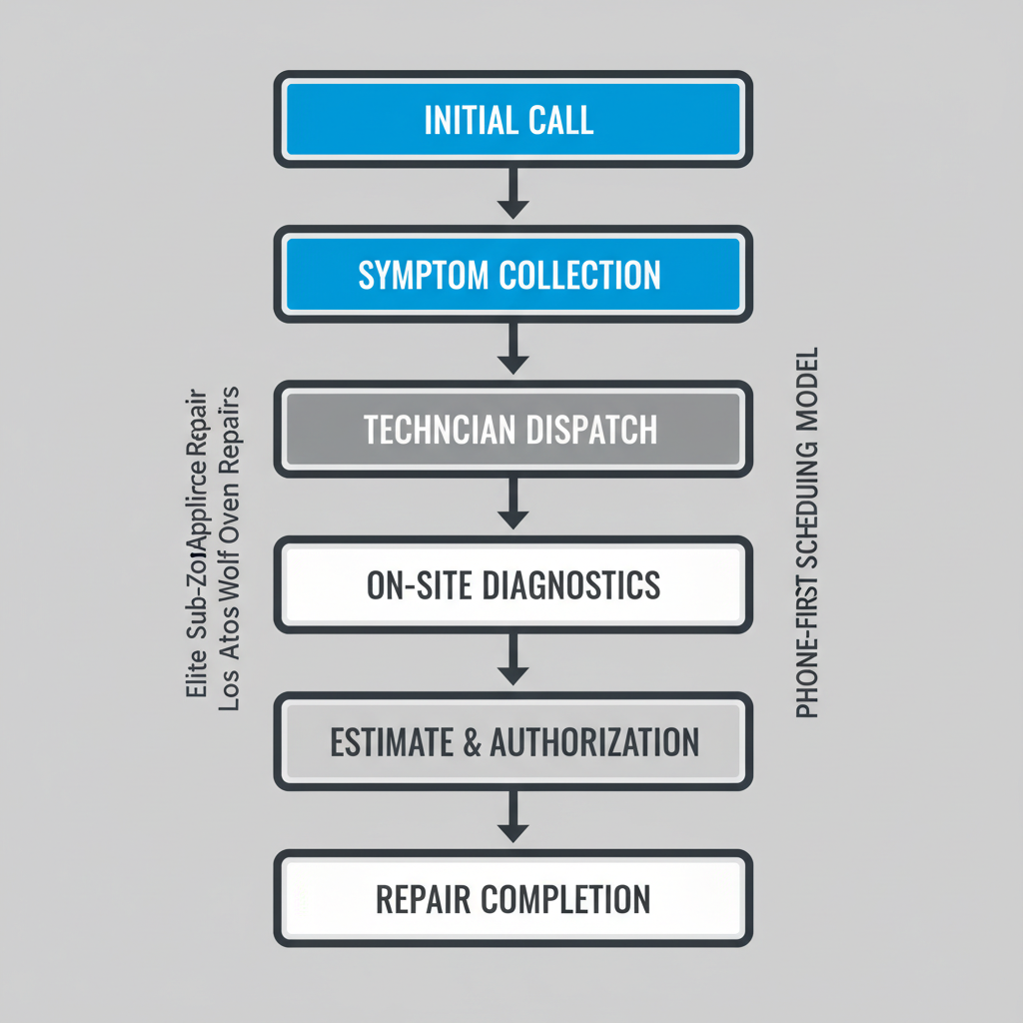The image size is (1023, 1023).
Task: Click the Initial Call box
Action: click(512, 120)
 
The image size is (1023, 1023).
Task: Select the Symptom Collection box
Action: click(512, 275)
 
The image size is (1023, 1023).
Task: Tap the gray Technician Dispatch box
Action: click(512, 430)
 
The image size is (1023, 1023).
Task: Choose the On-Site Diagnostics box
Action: click(512, 584)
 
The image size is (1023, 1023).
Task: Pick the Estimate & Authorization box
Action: click(512, 741)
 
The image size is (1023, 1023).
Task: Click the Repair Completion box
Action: click(512, 898)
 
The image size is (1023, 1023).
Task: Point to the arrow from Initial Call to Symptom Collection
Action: click(512, 192)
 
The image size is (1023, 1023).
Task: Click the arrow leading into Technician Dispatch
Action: click(512, 348)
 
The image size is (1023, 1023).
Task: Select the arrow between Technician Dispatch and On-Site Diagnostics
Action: click(512, 503)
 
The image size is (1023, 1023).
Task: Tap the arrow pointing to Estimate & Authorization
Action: click(512, 659)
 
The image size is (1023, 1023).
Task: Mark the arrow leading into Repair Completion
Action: click(512, 816)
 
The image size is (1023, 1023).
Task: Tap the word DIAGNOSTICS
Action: click(571, 584)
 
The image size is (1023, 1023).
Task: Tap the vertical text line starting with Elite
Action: click(201, 545)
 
